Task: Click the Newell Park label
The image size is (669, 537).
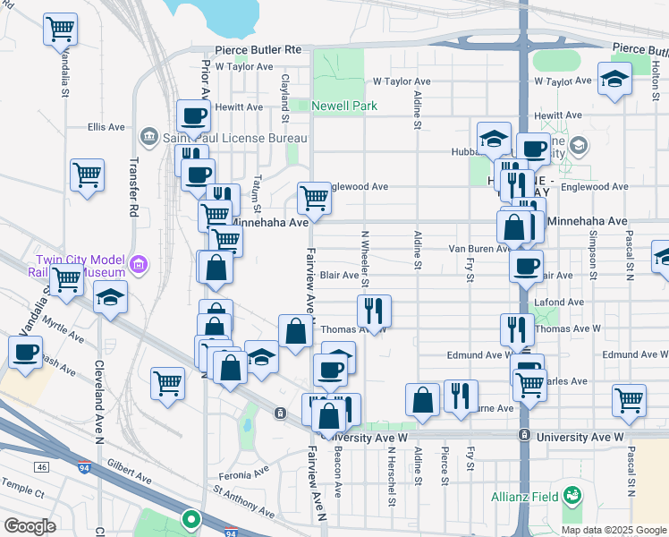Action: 344,106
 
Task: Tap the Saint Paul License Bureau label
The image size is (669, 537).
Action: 235,138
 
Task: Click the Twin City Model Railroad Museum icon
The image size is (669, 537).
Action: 138,264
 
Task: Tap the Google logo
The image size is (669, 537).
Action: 30,526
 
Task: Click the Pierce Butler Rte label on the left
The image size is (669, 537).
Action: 258,51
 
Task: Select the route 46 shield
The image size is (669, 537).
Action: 41,466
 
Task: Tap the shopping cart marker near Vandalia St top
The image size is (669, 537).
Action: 60,30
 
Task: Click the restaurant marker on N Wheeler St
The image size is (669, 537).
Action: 374,311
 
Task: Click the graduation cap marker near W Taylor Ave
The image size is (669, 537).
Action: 614,80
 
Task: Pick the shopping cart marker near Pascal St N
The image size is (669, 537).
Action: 629,399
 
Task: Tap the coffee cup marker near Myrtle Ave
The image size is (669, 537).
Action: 26,352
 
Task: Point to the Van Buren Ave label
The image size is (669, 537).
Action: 478,248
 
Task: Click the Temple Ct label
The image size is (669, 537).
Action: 22,492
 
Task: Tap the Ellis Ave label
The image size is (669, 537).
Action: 106,128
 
